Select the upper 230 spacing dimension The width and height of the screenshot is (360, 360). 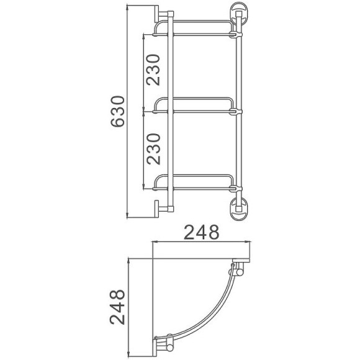155,70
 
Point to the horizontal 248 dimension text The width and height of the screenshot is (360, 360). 202,233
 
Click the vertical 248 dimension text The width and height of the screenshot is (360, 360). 117,307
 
